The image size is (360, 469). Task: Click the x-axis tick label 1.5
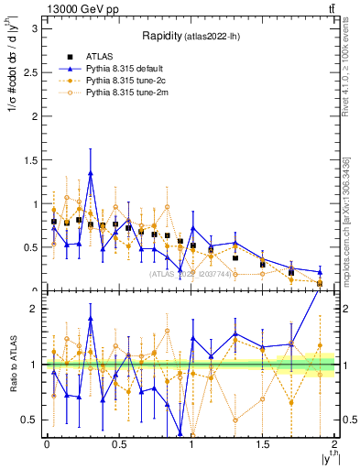262,444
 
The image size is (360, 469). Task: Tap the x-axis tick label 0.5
118,444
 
